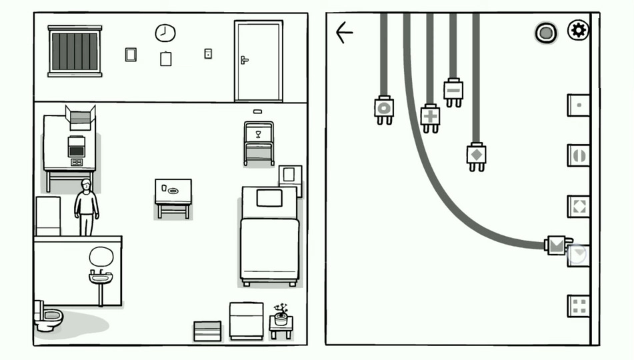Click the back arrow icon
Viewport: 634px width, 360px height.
(344, 32)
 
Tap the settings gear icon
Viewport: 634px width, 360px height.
(578, 30)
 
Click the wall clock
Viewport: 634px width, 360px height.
(165, 32)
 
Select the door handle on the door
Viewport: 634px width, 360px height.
(245, 60)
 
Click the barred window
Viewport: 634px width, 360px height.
(75, 51)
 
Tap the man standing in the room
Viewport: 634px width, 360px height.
(86, 206)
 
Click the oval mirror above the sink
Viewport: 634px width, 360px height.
(101, 256)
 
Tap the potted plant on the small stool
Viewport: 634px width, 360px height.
(281, 315)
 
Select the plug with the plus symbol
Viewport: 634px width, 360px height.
(431, 117)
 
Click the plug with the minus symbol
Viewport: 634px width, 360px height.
(453, 91)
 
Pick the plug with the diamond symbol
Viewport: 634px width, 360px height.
(476, 156)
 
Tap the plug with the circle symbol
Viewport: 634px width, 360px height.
(384, 109)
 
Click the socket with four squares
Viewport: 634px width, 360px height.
(578, 306)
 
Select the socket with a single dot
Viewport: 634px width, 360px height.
(578, 105)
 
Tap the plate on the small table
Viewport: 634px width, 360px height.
(173, 191)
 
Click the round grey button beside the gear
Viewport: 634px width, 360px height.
(545, 33)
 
